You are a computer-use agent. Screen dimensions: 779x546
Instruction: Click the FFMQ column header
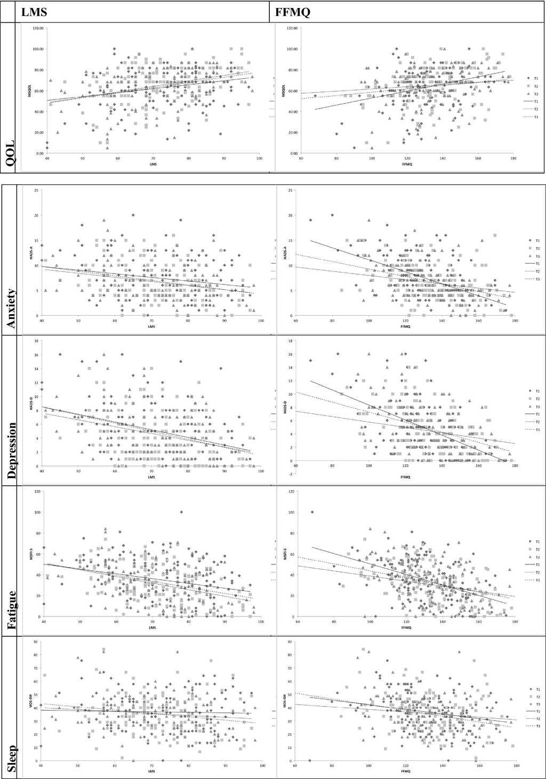(x=292, y=12)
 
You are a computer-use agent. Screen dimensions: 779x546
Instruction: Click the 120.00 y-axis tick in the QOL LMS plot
(x=37, y=28)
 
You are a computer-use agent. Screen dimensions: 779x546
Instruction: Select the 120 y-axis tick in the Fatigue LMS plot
(x=36, y=491)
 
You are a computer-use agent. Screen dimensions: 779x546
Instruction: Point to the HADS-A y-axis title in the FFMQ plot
(x=285, y=253)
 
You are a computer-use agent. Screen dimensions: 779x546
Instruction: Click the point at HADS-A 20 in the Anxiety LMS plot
(x=133, y=215)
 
